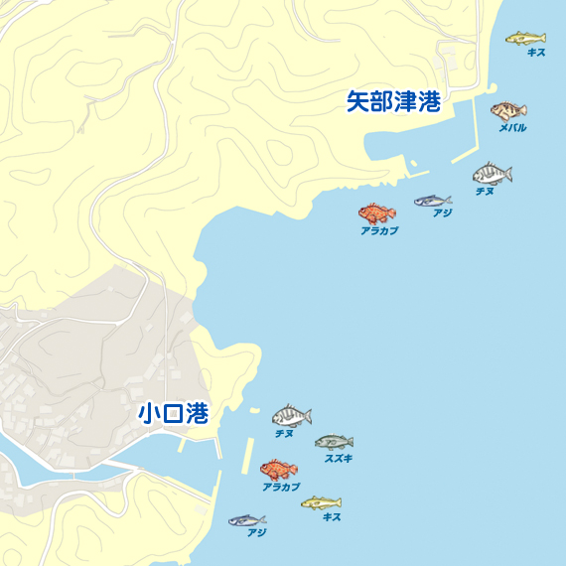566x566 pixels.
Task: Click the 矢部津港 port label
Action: (393, 101)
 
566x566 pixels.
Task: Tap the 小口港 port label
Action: (173, 413)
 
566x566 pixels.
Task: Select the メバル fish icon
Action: (508, 110)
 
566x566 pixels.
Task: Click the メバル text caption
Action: (512, 128)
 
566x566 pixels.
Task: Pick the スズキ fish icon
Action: (334, 442)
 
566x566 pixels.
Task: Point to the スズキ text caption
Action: (339, 459)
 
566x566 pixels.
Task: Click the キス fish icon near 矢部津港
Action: (525, 38)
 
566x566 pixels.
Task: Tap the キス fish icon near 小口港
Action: (321, 503)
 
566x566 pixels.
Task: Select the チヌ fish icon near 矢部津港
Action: (492, 174)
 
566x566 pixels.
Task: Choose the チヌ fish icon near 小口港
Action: (292, 416)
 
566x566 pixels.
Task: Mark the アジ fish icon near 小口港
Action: (246, 520)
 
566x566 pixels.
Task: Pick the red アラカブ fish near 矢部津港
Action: (377, 212)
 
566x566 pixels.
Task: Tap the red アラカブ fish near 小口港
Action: (278, 469)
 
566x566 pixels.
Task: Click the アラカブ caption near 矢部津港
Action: (379, 230)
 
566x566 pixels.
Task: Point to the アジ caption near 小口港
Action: (257, 533)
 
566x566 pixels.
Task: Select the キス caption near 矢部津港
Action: (536, 53)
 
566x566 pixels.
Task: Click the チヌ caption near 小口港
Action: (284, 434)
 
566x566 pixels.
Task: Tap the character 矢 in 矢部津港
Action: (357, 101)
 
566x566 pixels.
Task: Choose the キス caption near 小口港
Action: (332, 517)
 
